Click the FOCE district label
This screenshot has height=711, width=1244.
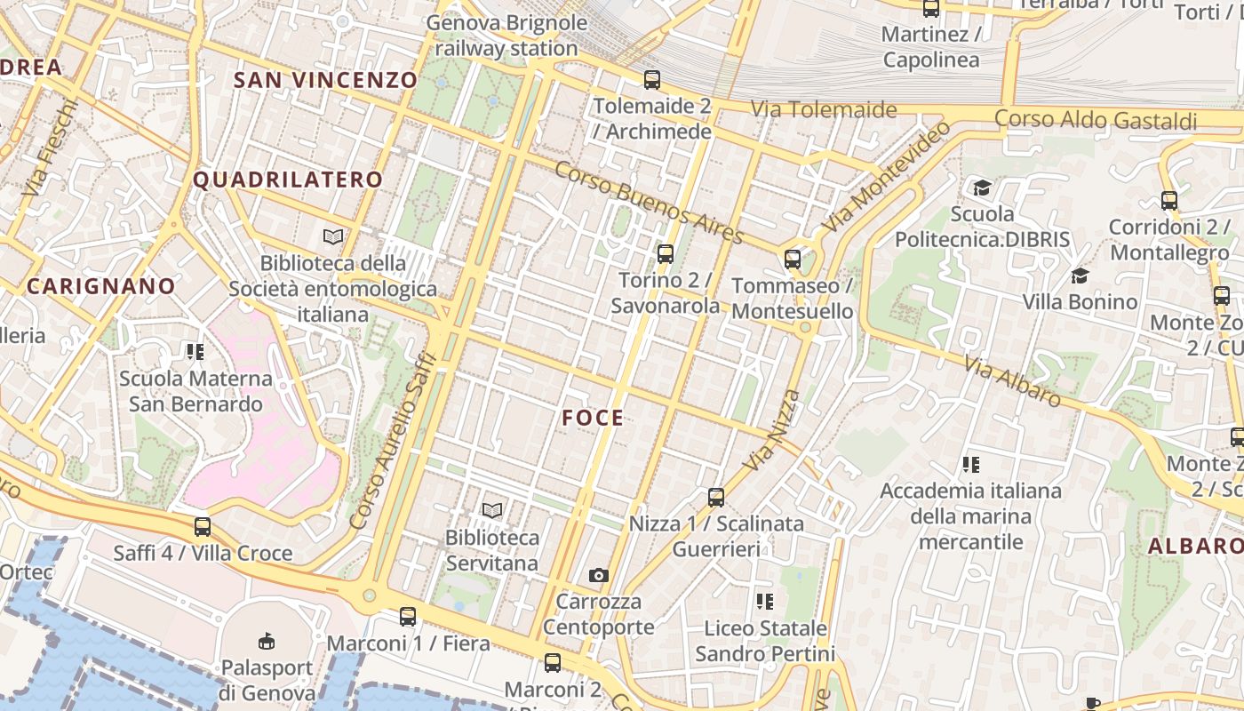(x=593, y=418)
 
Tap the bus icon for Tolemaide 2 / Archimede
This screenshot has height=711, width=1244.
(x=652, y=80)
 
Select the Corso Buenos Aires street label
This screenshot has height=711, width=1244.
(x=649, y=204)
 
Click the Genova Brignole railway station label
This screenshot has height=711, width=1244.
(x=507, y=36)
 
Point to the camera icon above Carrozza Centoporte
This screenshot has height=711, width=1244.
(x=599, y=575)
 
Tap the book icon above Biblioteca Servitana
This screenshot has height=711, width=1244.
(x=491, y=510)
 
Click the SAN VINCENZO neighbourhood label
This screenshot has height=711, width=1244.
(x=325, y=80)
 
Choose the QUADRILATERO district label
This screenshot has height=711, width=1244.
(x=288, y=180)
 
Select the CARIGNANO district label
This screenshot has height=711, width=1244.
(x=101, y=286)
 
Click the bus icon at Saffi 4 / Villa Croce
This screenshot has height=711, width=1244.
(x=203, y=527)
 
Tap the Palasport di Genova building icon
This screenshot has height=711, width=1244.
(x=266, y=641)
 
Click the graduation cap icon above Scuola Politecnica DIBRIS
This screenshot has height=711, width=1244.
(x=982, y=188)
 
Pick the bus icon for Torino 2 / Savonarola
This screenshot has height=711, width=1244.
(x=665, y=254)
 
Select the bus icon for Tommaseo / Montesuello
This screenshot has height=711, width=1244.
(x=793, y=260)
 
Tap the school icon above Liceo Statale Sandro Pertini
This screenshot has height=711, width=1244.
(x=764, y=602)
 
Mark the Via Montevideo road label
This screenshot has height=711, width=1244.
(x=886, y=178)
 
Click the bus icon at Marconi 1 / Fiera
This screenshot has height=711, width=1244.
(x=408, y=616)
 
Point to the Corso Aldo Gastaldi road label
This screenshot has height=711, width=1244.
(x=1096, y=119)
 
